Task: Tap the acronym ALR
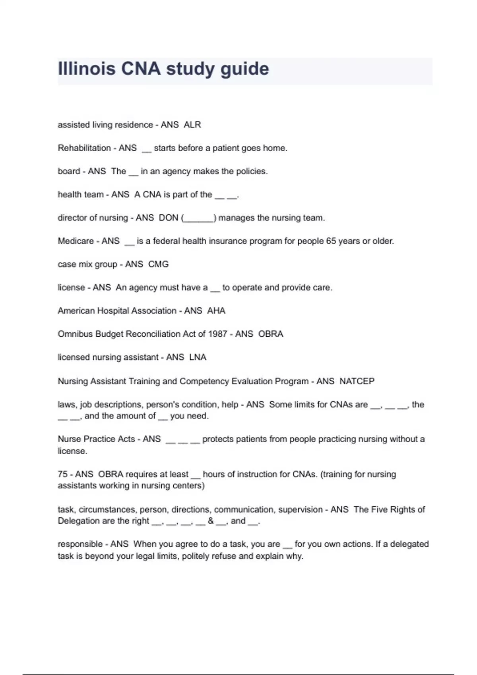coord(192,125)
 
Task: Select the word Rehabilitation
coord(84,148)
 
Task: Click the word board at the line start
coord(69,171)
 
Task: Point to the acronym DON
coord(169,218)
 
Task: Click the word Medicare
coord(76,241)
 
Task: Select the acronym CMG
coord(158,264)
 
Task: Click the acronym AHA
coord(216,310)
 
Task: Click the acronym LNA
coord(198,357)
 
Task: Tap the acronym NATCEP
coord(357,381)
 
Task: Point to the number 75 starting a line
coord(63,474)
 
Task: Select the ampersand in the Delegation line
coord(211,521)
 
